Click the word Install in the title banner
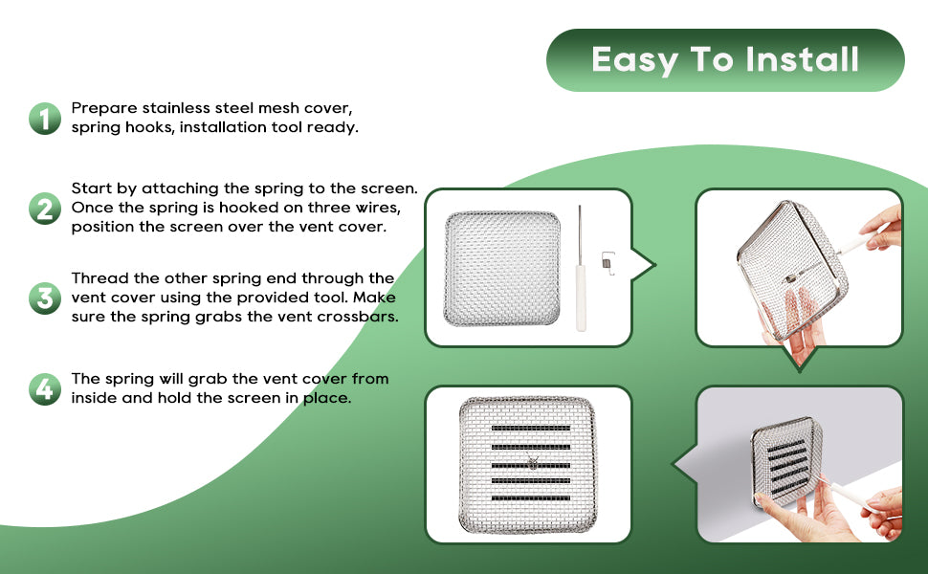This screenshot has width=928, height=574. [802, 59]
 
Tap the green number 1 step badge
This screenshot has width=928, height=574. [45, 119]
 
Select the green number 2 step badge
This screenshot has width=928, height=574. [45, 209]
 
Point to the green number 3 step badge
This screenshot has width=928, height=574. [45, 298]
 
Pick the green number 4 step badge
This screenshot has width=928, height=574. [45, 388]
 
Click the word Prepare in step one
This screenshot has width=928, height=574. [104, 109]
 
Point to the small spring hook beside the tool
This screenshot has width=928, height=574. [608, 263]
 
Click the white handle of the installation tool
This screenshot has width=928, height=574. [581, 298]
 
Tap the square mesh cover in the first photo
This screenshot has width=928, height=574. [502, 268]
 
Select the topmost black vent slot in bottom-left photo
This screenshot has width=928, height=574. [531, 428]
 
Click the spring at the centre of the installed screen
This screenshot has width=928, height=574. [532, 462]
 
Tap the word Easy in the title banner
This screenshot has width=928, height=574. [634, 60]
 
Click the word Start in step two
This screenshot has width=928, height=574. [91, 188]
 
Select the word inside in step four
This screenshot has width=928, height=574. [94, 398]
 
